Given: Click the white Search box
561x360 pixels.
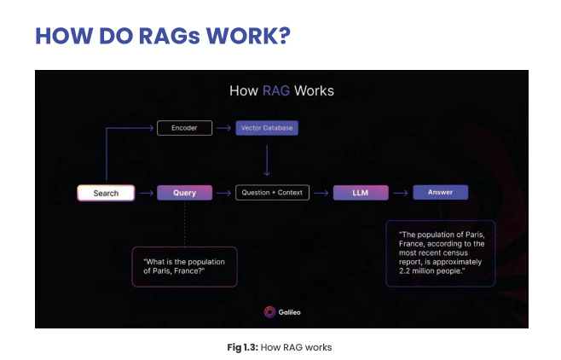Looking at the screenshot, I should point(107,193).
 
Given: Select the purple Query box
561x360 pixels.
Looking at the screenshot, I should point(184,193).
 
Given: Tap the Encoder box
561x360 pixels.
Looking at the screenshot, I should point(183,128).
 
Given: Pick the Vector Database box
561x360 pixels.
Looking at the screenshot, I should point(268,128).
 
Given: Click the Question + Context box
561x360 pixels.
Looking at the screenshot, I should point(272,193).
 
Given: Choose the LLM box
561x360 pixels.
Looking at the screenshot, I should point(361,193).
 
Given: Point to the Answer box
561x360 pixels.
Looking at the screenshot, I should point(440,193).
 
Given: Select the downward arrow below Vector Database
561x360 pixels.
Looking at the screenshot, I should point(268,160).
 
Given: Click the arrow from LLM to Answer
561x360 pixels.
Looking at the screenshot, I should point(401,193).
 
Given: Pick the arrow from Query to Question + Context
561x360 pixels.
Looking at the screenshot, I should point(223,193).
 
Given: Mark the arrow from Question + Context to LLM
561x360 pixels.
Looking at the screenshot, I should point(321,193).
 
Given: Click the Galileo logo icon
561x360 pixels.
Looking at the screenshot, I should point(269,312).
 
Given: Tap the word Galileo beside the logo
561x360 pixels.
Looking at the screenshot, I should point(289,312).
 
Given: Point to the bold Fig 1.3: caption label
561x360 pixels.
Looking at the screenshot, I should point(244,347).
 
